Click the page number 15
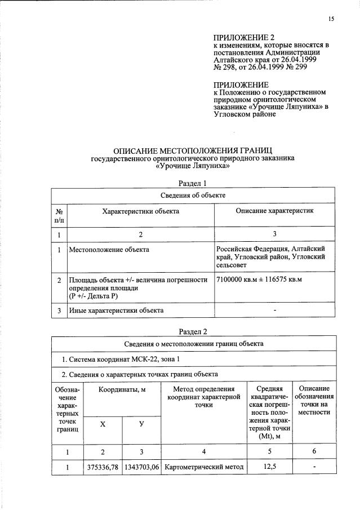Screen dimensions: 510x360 pyautogui.click(x=331, y=19)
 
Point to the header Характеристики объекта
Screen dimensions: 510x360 pyautogui.click(x=140, y=211)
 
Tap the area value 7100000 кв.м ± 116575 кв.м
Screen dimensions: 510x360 pyautogui.click(x=259, y=280)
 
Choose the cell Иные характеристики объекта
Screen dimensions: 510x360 pyautogui.click(x=116, y=311)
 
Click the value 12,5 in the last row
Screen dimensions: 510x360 pyautogui.click(x=272, y=467)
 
